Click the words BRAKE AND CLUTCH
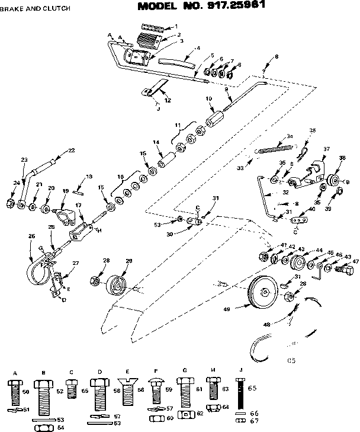coord(35,9)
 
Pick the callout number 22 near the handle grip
coord(71,151)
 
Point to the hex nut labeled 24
coord(10,203)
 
